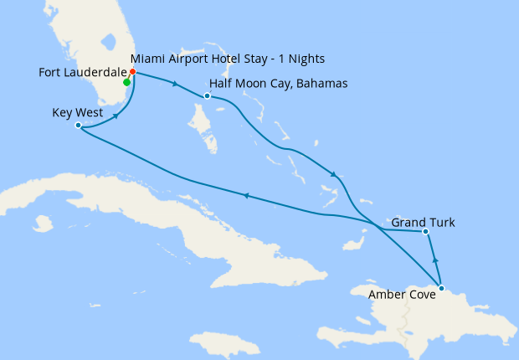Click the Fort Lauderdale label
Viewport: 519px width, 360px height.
[x=79, y=72]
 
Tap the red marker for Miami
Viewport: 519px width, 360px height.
[x=133, y=71]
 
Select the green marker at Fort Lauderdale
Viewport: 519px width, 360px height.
[x=126, y=82]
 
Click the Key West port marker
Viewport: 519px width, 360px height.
[x=78, y=126]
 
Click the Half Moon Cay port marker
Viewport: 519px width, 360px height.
[x=207, y=95]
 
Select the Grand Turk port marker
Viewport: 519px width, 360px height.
[x=426, y=231]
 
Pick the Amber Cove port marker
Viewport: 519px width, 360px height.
[x=441, y=289]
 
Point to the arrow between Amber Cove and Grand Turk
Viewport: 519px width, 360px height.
[x=434, y=259]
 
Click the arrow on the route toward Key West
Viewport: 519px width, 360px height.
[x=245, y=196]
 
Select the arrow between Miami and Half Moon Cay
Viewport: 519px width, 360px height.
[x=174, y=84]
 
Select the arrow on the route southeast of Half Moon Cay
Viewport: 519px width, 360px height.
[x=334, y=174]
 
